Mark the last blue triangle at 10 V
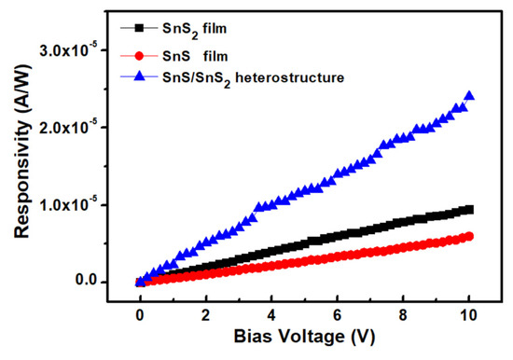pyautogui.click(x=469, y=96)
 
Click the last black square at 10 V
pyautogui.click(x=469, y=210)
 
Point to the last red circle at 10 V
pyautogui.click(x=469, y=236)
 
